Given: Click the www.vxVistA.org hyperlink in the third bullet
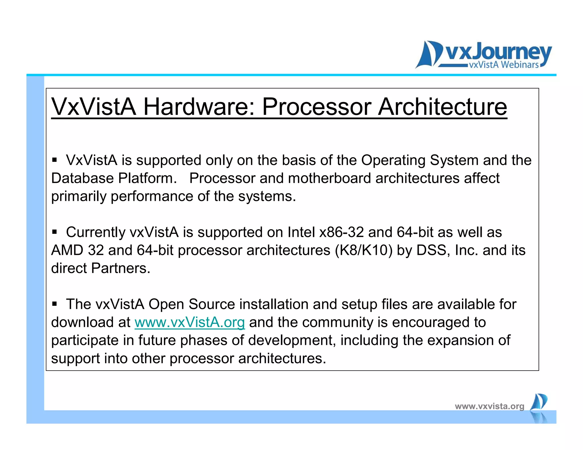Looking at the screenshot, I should [190, 322].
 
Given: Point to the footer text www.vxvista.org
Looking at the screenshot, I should [489, 406].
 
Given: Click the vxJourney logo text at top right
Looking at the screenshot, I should [498, 53].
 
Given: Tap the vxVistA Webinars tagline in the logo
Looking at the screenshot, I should [504, 65].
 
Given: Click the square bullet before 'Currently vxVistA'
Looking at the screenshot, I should [55, 232].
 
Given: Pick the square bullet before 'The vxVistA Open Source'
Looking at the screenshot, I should [55, 304].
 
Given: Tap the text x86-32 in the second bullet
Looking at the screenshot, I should [342, 232].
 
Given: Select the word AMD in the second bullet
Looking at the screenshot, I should [67, 250].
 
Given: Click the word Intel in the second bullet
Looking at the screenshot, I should [301, 232].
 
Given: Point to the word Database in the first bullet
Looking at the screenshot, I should [83, 178].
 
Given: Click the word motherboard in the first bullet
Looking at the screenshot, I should [329, 178].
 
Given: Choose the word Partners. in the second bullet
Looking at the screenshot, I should [120, 268].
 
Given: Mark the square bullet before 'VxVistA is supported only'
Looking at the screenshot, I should [55, 160].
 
